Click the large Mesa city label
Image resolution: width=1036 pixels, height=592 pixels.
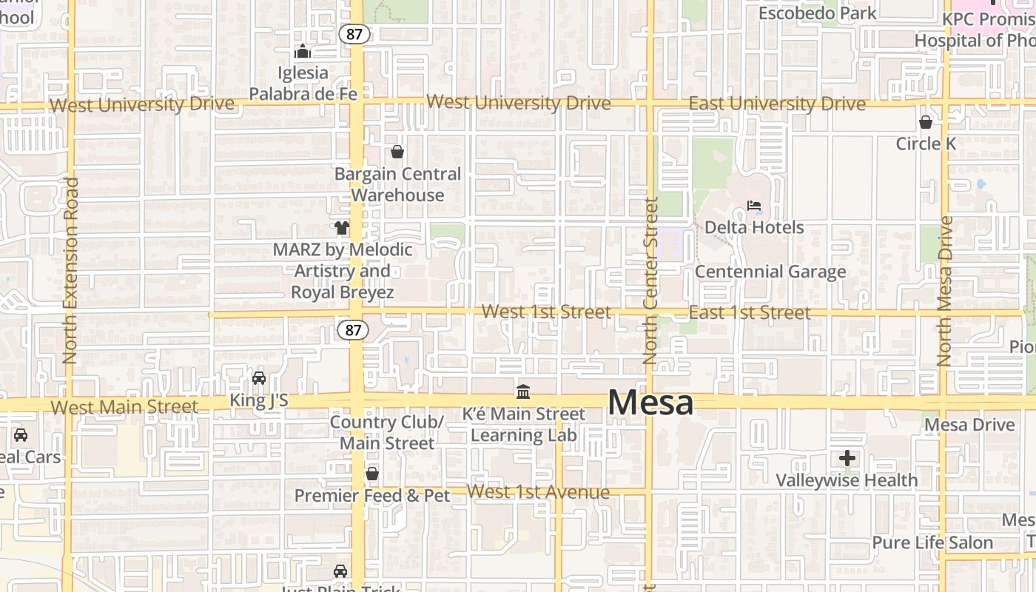650,403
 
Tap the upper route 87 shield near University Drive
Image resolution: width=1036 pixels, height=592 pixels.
354,33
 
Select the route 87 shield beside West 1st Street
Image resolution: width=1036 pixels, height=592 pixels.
352,330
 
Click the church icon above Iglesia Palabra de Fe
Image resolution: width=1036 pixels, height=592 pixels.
302,51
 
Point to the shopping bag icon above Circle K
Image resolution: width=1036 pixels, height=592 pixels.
925,122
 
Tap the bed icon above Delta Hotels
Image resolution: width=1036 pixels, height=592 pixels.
754,206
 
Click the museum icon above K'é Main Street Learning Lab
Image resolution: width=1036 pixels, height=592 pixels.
523,391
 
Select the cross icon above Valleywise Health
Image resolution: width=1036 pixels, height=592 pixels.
847,459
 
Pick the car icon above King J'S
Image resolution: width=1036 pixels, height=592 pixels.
259,378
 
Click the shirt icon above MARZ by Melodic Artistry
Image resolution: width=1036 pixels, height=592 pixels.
342,228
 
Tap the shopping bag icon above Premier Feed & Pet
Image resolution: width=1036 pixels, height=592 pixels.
372,474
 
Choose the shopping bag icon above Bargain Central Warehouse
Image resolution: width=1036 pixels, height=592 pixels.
397,152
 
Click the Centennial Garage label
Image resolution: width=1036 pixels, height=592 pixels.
770,272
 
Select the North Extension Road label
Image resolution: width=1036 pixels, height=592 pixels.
70,270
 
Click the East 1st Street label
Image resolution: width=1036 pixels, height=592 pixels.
749,312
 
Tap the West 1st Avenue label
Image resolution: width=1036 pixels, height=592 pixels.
538,492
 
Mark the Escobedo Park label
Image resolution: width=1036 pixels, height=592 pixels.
817,13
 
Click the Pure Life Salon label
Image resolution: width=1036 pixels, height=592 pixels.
932,542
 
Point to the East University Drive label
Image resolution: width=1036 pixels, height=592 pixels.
776,104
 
